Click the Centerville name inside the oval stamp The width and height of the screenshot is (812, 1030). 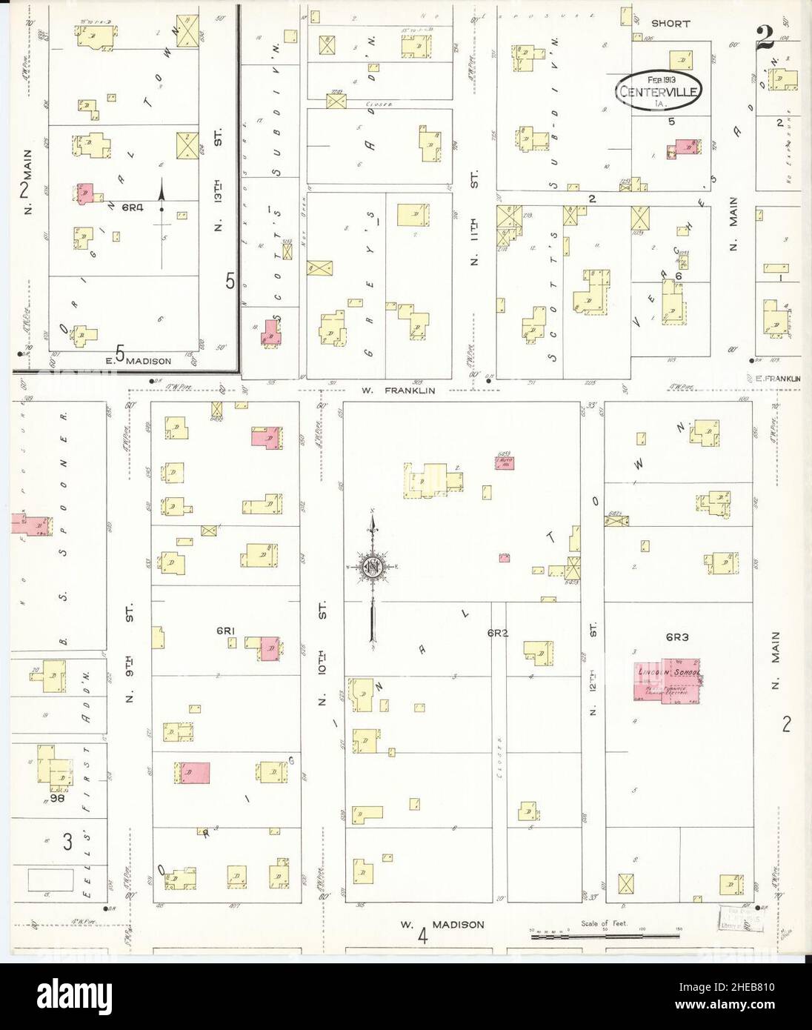coord(658,93)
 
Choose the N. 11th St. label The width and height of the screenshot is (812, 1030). coord(475,215)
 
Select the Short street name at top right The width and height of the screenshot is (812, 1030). coord(671,24)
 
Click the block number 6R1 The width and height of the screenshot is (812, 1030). coord(225,631)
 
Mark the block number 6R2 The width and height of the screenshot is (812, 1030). coord(496,633)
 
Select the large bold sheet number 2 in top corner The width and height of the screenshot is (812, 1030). coord(765,37)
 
